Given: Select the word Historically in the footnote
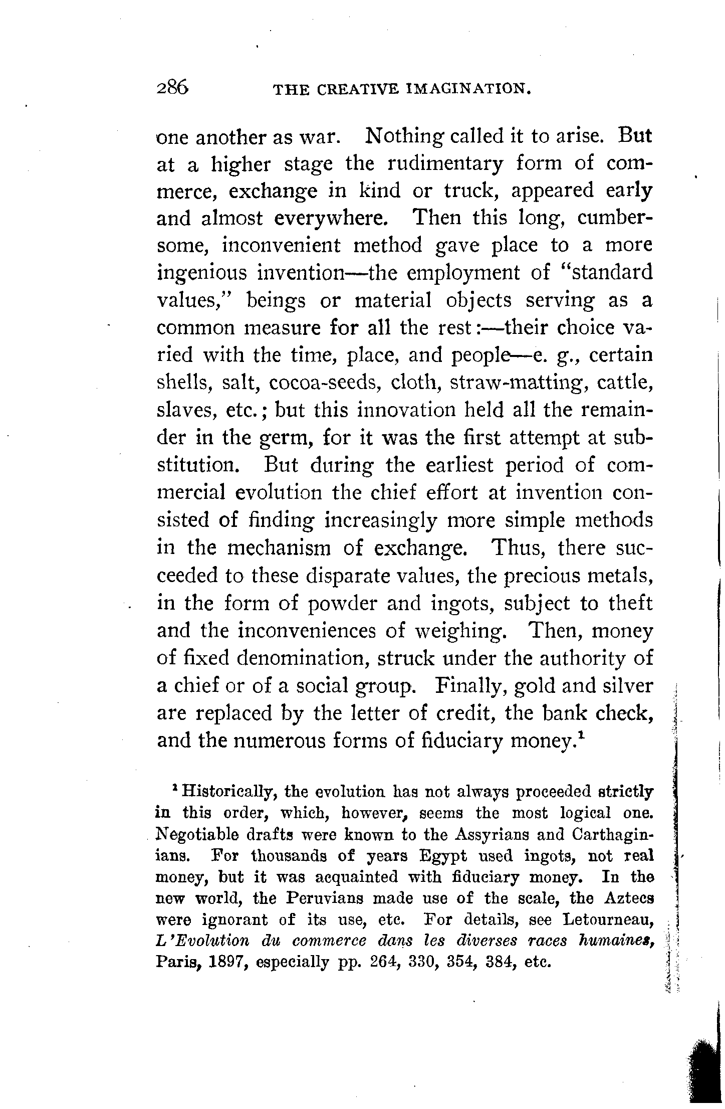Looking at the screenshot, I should (226, 792).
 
